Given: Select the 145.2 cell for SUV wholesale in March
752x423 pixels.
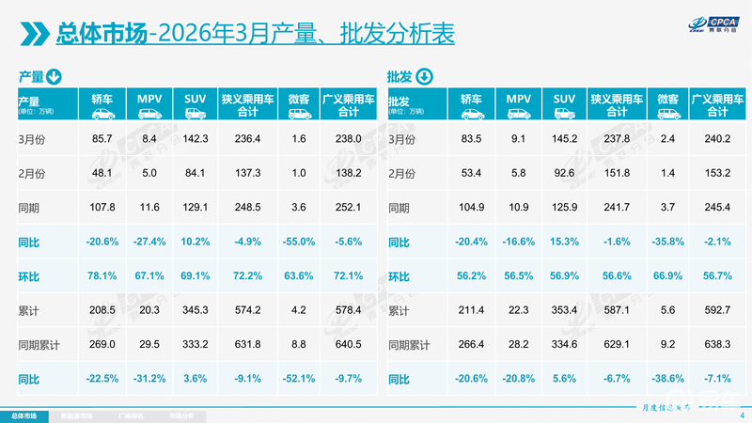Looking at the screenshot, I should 565,139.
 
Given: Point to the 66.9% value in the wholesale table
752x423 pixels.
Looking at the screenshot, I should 668,275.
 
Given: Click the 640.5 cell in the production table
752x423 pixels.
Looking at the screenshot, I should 349,344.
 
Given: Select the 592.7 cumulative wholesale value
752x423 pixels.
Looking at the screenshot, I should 718,309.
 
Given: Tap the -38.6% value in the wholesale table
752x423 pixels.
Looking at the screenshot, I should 668,378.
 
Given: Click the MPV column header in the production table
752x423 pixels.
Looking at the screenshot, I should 149,99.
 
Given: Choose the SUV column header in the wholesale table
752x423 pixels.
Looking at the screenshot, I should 565,99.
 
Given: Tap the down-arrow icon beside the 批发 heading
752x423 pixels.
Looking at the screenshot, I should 425,76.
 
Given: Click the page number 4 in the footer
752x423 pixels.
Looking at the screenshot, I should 742,415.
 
